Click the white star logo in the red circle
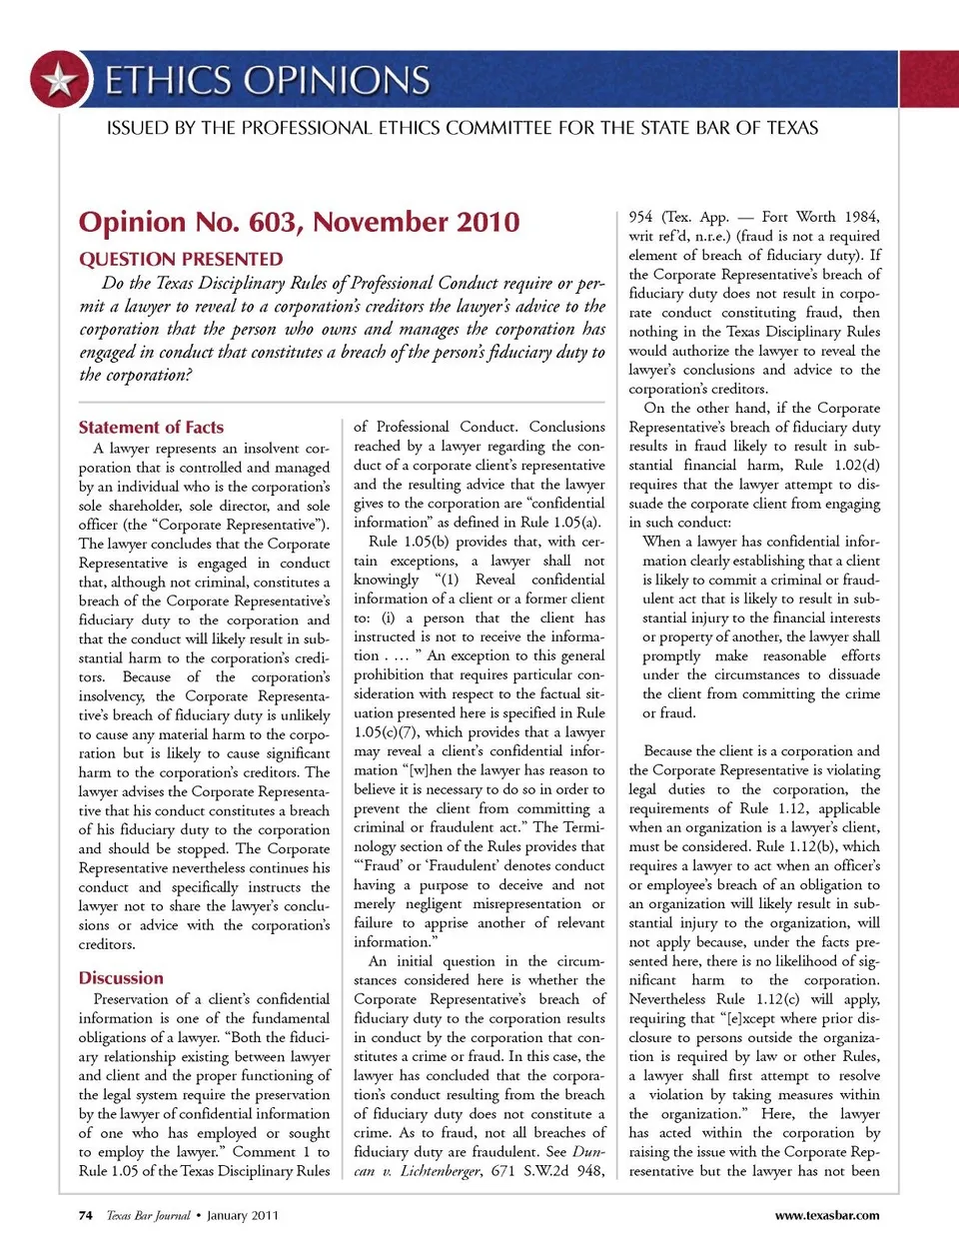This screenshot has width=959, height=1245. coord(60,80)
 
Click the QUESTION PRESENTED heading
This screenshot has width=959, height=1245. coord(181,259)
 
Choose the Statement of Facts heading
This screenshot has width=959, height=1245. coord(151,427)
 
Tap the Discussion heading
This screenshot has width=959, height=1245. coord(121,978)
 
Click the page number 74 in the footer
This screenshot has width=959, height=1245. coord(86,1216)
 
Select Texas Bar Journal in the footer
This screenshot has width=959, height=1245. coord(148,1216)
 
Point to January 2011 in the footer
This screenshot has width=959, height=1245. coord(243,1216)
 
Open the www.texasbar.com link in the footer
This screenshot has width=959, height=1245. coord(827,1216)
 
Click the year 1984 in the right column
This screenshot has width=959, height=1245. coord(862,217)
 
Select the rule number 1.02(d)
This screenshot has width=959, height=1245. coord(857,466)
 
